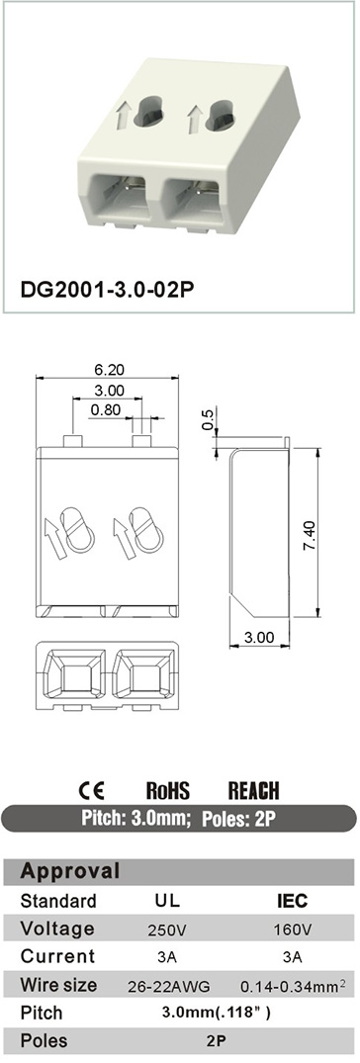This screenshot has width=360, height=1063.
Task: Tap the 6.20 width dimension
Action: click(108, 370)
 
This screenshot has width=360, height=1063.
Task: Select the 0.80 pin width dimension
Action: click(105, 409)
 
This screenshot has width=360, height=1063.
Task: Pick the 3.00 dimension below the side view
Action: click(259, 637)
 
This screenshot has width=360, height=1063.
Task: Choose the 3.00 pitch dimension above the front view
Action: click(108, 390)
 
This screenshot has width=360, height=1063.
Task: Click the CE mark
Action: click(92, 790)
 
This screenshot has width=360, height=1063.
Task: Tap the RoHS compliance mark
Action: click(168, 790)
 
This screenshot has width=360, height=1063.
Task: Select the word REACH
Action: click(253, 790)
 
